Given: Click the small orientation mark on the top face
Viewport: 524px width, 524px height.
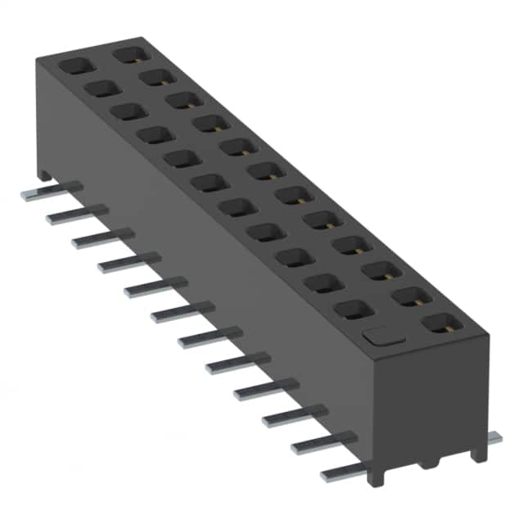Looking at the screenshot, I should point(377,335).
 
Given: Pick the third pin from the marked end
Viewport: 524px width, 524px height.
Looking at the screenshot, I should point(291,417).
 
